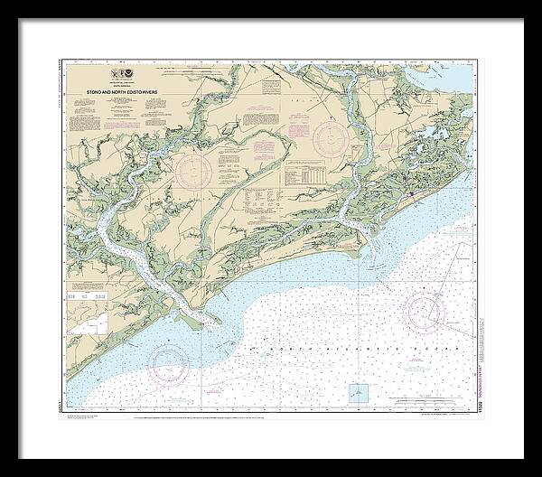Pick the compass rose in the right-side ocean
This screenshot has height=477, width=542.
(423, 312)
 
